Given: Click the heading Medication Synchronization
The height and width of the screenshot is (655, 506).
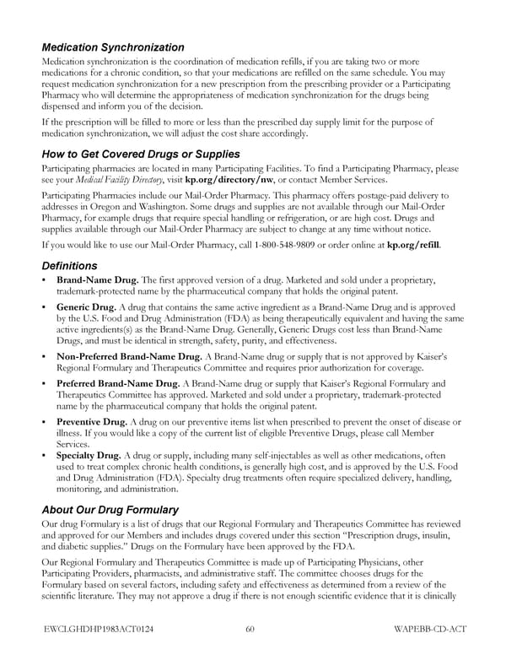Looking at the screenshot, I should tap(113, 47).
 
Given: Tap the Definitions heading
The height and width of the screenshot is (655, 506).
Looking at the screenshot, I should tap(71, 266).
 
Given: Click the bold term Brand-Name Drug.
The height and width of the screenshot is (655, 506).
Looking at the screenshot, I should tap(97, 280).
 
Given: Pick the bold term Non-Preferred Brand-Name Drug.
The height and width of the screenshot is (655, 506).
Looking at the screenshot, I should tap(129, 356).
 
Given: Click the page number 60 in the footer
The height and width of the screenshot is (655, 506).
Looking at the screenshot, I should tap(250, 628).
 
